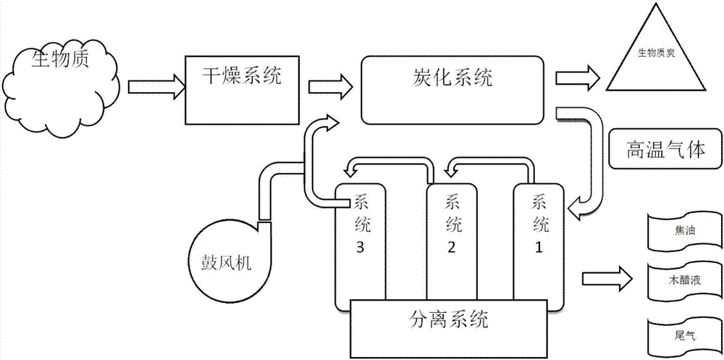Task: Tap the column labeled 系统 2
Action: coord(451,232)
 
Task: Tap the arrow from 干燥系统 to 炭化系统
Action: coord(329,86)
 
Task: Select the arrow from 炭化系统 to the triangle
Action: coord(576,76)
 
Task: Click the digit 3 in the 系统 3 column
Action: coord(361,247)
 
